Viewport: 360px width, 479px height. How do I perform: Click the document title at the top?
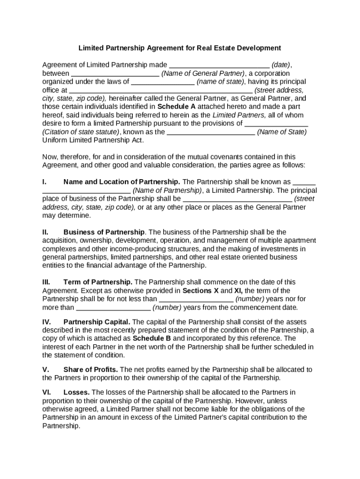coord(180,48)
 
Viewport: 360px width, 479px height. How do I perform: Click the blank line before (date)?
coord(219,65)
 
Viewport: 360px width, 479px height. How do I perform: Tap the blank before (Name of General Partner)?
coord(115,73)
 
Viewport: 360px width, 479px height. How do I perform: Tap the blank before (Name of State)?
coord(211,132)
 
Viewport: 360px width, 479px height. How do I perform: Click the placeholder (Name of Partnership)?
coord(167,190)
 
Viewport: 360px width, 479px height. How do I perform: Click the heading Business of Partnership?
coord(104,232)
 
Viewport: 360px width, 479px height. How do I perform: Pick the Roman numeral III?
coord(46,282)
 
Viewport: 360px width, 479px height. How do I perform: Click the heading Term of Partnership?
coord(98,282)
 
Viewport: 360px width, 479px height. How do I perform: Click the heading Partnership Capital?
coord(97,322)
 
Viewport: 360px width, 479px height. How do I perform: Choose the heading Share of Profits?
coord(90,370)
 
